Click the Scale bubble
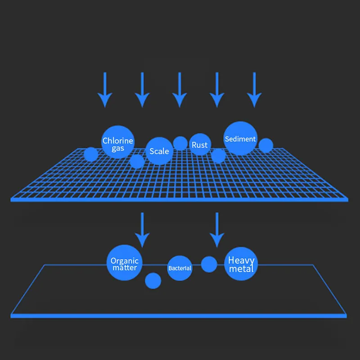159,151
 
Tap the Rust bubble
200,144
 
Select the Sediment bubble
240,139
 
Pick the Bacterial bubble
180,268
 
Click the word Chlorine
118,141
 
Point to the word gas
118,148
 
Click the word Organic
125,261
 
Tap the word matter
125,268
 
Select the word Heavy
241,261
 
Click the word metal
241,269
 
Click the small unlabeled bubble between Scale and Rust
180,143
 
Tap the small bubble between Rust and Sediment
218,156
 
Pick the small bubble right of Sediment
266,145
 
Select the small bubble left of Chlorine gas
91,154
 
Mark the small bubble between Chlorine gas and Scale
137,161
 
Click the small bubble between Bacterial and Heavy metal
209,264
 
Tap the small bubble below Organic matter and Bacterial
153,281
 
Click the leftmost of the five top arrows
105,90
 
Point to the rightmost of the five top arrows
254,90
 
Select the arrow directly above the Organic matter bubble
143,229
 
